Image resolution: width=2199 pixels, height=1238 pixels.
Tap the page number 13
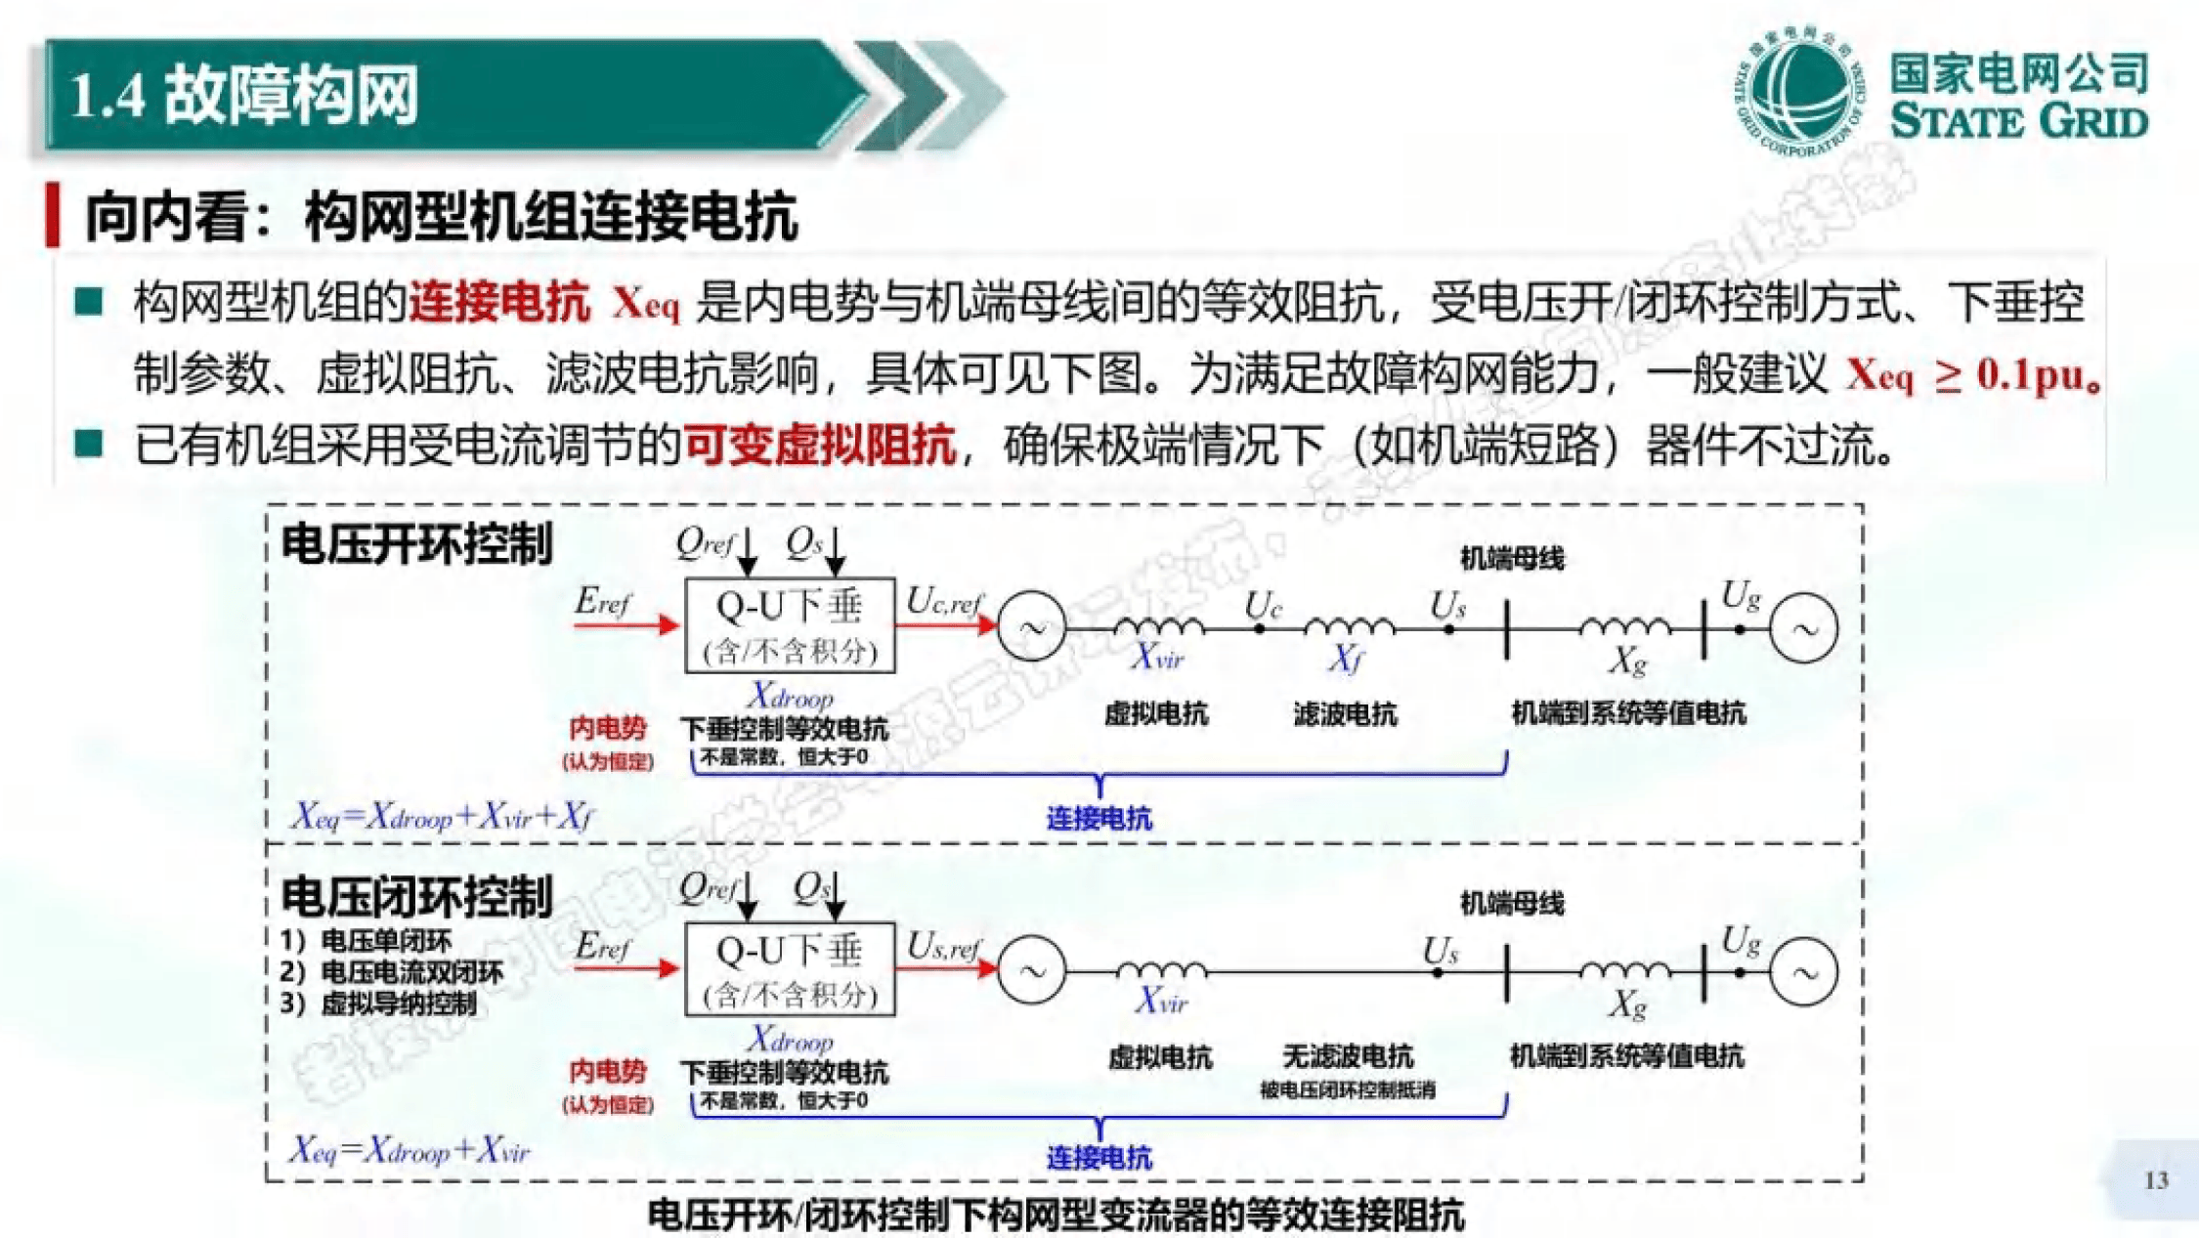click(2156, 1180)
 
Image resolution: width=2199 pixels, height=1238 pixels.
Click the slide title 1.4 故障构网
click(244, 95)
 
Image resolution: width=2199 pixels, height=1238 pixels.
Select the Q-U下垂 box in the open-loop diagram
click(790, 625)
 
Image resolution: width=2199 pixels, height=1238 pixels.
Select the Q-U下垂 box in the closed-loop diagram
click(790, 969)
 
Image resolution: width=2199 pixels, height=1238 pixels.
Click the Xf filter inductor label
click(1346, 660)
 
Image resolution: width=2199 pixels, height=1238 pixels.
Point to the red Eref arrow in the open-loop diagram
click(625, 624)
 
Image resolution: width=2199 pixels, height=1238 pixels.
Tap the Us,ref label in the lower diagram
click(944, 947)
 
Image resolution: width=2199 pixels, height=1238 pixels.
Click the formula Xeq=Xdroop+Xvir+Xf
click(442, 816)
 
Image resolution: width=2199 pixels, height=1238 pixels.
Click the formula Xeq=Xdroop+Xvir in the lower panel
click(410, 1150)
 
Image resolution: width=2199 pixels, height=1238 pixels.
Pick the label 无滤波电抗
click(1348, 1056)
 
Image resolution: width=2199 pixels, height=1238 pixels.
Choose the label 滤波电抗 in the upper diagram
click(1345, 714)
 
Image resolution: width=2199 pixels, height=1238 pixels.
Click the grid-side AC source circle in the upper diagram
click(1803, 629)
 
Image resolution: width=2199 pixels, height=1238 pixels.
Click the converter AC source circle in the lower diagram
click(1031, 970)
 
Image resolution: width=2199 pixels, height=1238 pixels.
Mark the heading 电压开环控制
click(417, 544)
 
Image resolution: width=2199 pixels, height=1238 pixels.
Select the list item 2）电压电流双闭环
click(391, 972)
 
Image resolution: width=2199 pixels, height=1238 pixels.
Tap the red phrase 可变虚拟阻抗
click(819, 446)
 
